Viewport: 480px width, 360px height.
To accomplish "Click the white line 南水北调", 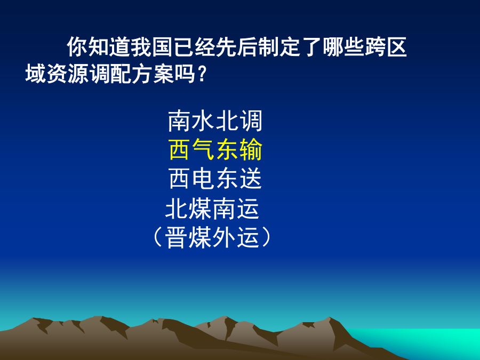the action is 215,121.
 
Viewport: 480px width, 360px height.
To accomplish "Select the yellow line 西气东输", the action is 215,149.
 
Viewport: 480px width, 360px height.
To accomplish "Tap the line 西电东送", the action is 215,178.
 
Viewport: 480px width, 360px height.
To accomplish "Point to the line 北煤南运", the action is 212,209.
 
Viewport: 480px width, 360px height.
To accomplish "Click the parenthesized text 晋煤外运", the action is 212,237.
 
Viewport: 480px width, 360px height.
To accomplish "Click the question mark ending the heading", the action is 202,74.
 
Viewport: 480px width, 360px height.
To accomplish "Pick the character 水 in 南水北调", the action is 203,121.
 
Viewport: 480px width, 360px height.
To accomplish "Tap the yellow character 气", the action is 203,149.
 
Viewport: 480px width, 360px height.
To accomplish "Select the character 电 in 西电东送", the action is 203,178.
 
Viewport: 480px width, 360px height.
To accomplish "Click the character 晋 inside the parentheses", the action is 177,237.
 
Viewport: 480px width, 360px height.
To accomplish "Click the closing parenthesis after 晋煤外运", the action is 267,237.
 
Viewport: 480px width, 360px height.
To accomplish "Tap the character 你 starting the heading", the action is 77,47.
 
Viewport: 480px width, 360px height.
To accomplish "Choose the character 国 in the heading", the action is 162,47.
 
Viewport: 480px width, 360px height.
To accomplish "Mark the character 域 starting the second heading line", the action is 36,74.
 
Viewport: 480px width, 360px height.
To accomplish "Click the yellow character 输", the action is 251,149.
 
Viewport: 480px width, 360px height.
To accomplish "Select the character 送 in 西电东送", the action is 251,178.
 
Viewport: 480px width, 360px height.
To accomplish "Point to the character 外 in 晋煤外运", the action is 224,237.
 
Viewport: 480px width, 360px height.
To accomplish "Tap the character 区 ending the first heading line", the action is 396,47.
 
